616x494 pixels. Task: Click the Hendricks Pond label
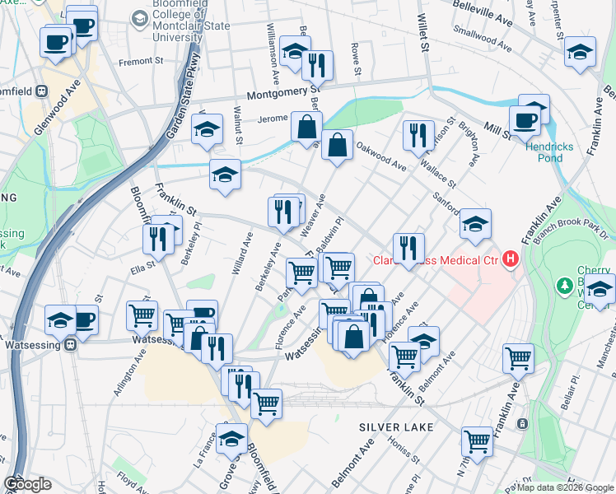pyautogui.click(x=575, y=147)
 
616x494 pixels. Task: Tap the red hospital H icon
pyautogui.click(x=511, y=260)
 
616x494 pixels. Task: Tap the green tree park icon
pyautogui.click(x=565, y=286)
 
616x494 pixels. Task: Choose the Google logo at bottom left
pyautogui.click(x=27, y=484)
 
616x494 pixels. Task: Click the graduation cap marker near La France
pyautogui.click(x=231, y=437)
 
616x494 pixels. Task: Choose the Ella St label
pyautogui.click(x=142, y=268)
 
